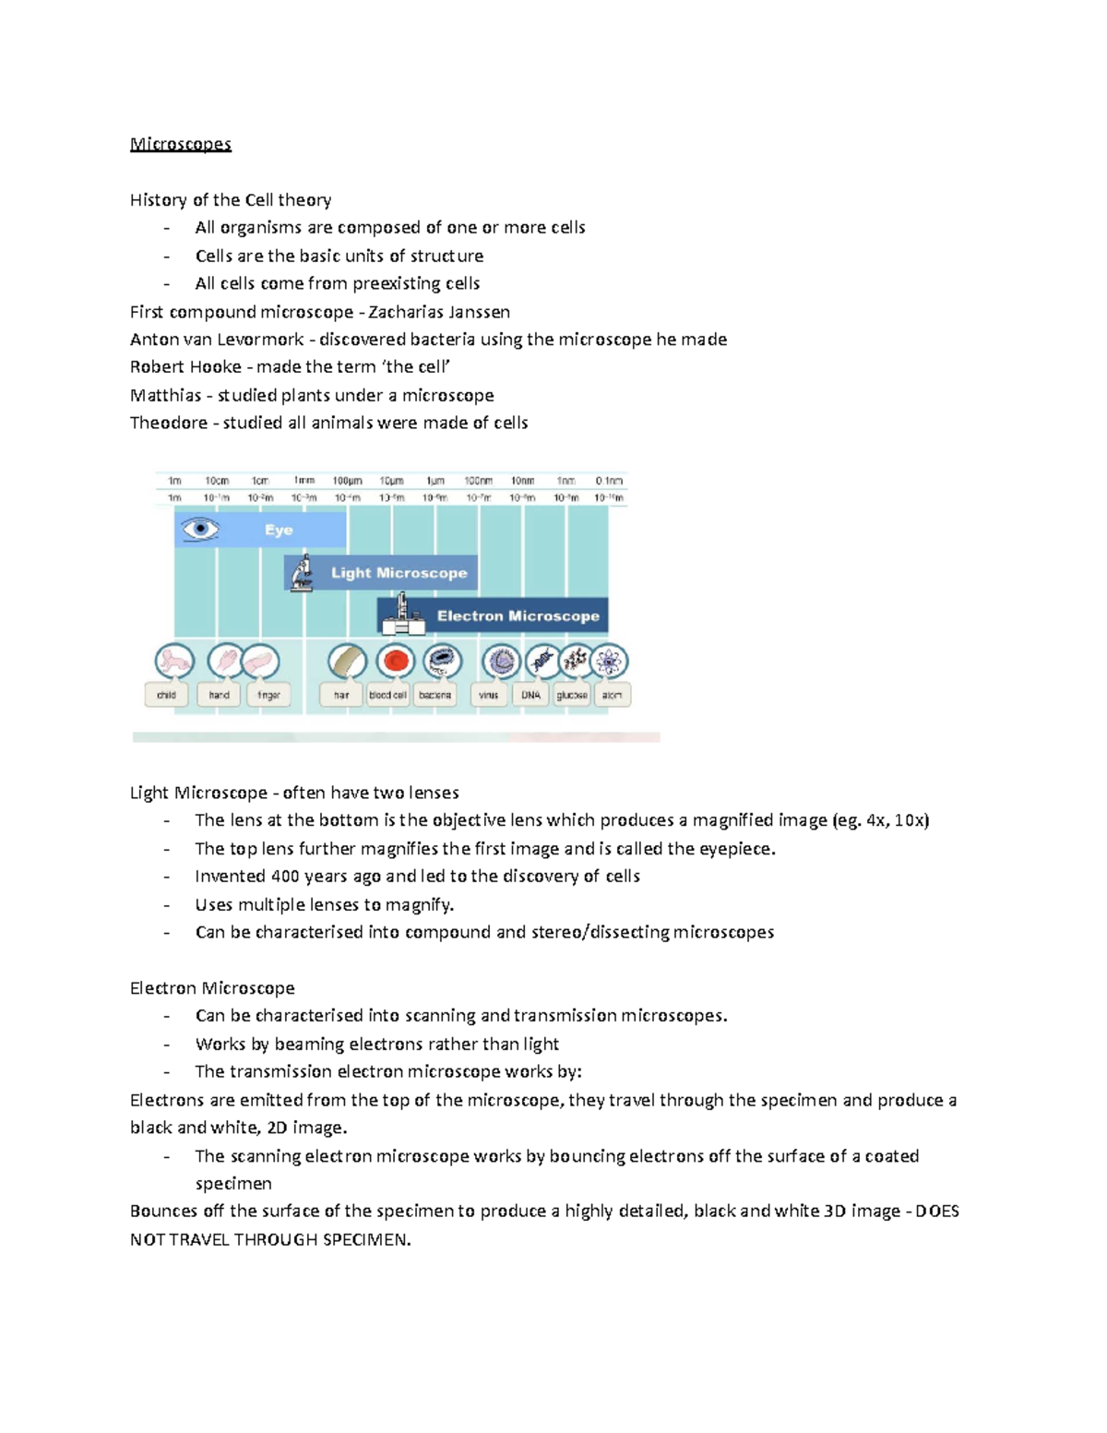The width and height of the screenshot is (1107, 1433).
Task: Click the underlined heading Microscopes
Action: [181, 144]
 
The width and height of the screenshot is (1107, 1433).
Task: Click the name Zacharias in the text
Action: [405, 312]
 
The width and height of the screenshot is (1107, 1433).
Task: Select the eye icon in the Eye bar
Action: [200, 530]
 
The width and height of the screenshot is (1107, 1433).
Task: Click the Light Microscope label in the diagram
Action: [399, 573]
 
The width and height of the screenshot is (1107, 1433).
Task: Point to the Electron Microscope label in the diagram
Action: [518, 616]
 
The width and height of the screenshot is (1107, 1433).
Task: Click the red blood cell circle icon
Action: [396, 661]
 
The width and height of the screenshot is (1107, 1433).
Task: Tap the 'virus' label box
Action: [489, 695]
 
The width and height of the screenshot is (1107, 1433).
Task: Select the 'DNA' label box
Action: [530, 695]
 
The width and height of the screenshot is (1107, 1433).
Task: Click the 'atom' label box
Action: [612, 695]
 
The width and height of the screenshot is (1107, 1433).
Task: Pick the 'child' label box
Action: [166, 695]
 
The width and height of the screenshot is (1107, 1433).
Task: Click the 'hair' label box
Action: [341, 695]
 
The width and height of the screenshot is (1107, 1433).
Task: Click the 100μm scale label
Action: [348, 481]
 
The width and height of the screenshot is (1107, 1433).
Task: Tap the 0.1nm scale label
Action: [609, 481]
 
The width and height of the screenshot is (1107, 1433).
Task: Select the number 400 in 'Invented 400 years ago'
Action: [285, 877]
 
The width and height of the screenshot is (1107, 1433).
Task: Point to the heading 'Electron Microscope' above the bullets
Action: [212, 988]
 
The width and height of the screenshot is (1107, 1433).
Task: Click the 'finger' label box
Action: [268, 695]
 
